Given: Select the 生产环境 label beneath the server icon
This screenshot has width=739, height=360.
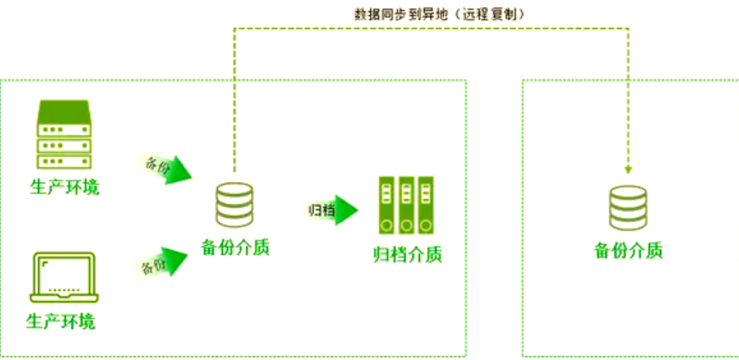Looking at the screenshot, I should point(64,188).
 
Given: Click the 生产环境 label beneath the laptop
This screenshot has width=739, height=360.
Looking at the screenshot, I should point(61,321).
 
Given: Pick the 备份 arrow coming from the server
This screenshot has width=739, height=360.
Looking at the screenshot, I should point(165,167).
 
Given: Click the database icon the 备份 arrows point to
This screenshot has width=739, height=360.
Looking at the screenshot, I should point(234,204).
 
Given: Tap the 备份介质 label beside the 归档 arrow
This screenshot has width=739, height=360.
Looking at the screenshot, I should point(235,247).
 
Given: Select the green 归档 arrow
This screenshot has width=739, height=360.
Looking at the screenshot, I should point(332,211).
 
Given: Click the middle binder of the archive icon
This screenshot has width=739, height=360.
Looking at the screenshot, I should point(407,205).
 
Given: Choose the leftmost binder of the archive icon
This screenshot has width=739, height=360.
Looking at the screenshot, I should point(388,205).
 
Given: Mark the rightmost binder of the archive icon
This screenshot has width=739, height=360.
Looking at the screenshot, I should point(425,205).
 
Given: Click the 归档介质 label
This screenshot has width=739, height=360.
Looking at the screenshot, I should point(407,255).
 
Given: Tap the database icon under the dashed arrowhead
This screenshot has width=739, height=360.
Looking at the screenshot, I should point(628,208).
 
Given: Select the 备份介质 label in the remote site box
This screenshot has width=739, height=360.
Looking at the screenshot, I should point(628,250).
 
